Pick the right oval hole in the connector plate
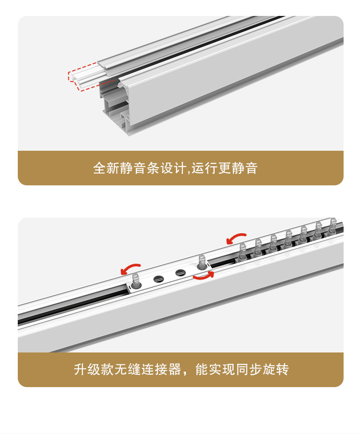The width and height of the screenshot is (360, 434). (x=180, y=273)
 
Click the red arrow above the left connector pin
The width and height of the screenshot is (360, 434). (x=130, y=268)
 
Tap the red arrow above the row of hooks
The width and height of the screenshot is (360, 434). (x=236, y=238)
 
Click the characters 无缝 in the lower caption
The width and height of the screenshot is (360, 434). (x=128, y=369)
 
